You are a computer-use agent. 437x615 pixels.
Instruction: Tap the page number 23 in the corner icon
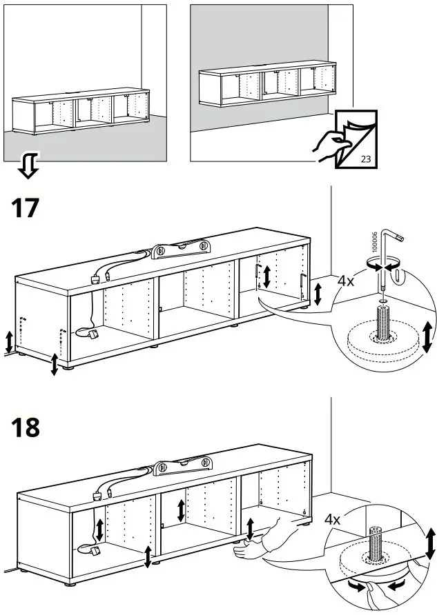[x=366, y=159]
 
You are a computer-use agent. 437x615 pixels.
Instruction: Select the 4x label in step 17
[x=346, y=281]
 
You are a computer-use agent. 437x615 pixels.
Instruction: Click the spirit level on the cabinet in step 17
[x=180, y=248]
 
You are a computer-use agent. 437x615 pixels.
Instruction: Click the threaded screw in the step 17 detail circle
[x=380, y=321]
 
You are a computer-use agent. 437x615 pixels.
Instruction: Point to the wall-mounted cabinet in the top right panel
[x=262, y=86]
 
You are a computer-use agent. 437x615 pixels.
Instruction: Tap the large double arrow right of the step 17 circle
[x=427, y=336]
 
